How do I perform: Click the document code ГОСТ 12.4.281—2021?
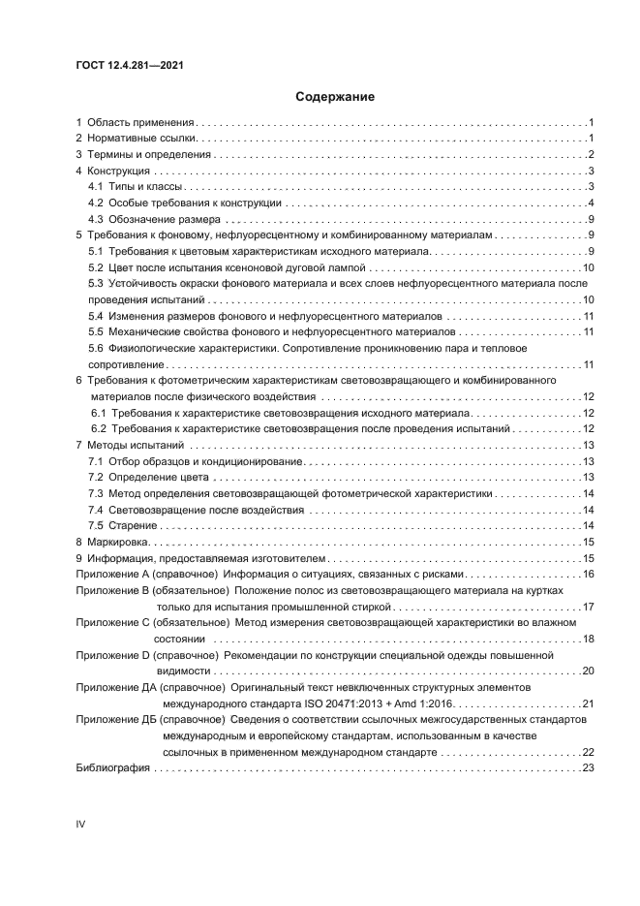click(130, 65)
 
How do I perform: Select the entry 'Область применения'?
click(141, 123)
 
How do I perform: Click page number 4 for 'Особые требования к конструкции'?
click(590, 203)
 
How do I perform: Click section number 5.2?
click(96, 266)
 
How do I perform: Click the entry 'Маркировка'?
click(117, 542)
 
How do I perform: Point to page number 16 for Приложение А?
click(587, 575)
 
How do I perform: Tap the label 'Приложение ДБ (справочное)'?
click(149, 720)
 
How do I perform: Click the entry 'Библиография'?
click(112, 768)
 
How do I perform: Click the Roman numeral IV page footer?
click(81, 824)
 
